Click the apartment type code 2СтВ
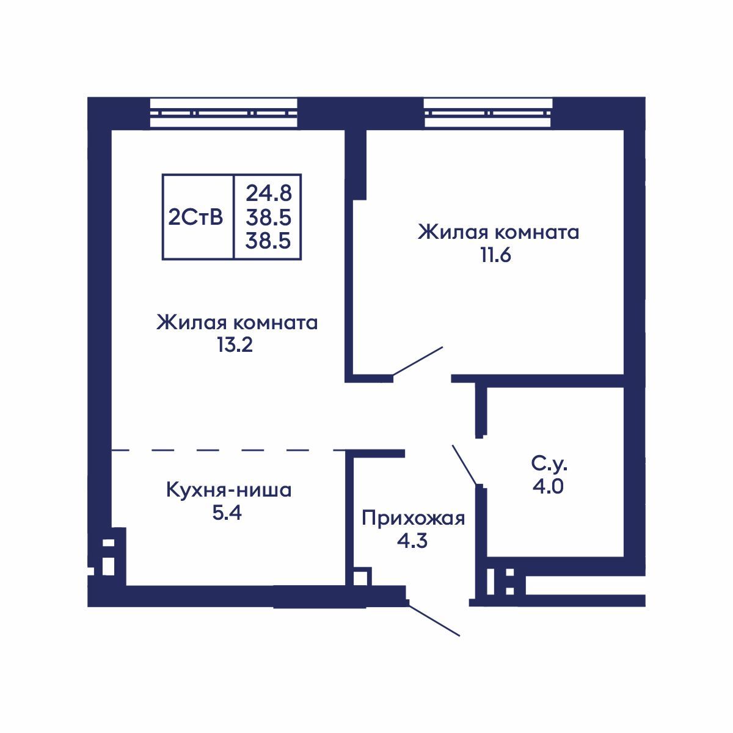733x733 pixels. pyautogui.click(x=197, y=217)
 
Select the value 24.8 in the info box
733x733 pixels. pyautogui.click(x=269, y=193)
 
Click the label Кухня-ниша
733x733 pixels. pyautogui.click(x=228, y=490)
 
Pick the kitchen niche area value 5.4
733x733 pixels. pyautogui.click(x=227, y=513)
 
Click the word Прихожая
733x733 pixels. pyautogui.click(x=413, y=519)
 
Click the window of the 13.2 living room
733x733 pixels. pyautogui.click(x=224, y=113)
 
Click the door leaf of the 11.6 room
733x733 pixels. pyautogui.click(x=418, y=361)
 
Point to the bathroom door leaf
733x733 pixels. pyautogui.click(x=464, y=465)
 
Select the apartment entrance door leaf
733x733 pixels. pyautogui.click(x=434, y=621)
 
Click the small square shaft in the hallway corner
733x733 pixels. pyautogui.click(x=361, y=577)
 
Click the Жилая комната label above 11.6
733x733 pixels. pyautogui.click(x=498, y=233)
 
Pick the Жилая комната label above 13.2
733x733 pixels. pyautogui.click(x=237, y=323)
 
